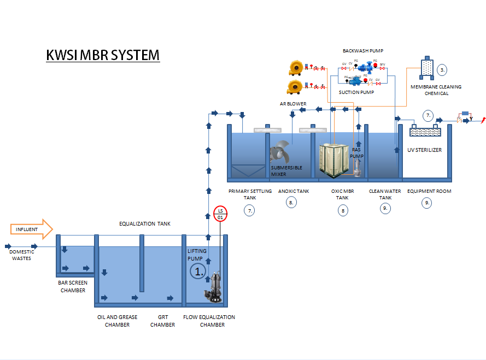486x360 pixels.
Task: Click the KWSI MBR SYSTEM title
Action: pos(103,55)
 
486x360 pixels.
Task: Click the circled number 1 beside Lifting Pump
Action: pos(197,270)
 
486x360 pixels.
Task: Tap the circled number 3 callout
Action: pos(442,69)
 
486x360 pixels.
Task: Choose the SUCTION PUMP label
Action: pos(356,92)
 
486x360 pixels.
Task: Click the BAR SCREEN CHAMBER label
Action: pos(72,287)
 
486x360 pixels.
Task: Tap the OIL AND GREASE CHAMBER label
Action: pos(117,321)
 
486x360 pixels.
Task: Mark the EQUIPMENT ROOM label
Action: pos(429,191)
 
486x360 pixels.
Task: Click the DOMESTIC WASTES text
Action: pos(22,255)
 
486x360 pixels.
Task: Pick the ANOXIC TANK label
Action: pos(294,191)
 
